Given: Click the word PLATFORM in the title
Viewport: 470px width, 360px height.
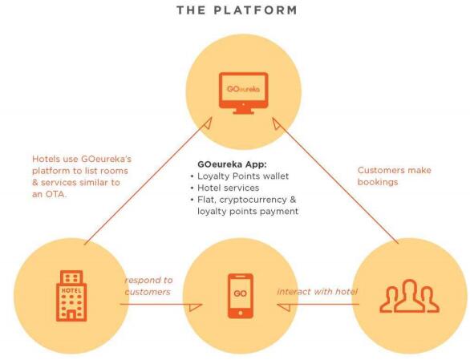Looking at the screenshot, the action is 255,10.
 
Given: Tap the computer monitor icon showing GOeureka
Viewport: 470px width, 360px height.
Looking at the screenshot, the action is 243,93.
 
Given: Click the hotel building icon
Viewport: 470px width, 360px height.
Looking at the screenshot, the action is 71,296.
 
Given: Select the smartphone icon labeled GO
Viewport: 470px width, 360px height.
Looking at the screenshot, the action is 241,296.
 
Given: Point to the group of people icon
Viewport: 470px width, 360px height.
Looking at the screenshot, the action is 410,296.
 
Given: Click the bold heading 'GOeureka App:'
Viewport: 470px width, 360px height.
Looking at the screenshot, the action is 232,164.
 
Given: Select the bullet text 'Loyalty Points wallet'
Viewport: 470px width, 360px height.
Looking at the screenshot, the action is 243,176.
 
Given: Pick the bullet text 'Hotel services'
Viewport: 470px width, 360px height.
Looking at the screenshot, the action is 228,188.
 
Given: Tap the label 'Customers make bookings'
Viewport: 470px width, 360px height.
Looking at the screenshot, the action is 394,176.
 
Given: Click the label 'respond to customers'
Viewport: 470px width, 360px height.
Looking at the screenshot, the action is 148,286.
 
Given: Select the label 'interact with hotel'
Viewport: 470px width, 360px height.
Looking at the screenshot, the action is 318,292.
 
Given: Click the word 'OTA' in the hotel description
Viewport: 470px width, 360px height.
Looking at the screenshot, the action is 55,194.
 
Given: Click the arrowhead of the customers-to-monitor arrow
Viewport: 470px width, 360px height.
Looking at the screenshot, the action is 276,123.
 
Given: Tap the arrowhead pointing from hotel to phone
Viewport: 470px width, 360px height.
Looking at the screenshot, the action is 196,307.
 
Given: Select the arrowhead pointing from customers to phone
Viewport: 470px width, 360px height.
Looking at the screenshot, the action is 284,307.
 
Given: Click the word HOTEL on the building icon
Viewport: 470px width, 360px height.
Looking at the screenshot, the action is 71,290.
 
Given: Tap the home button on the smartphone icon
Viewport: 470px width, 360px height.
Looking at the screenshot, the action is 241,313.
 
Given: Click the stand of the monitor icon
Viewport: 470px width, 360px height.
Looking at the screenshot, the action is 243,111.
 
